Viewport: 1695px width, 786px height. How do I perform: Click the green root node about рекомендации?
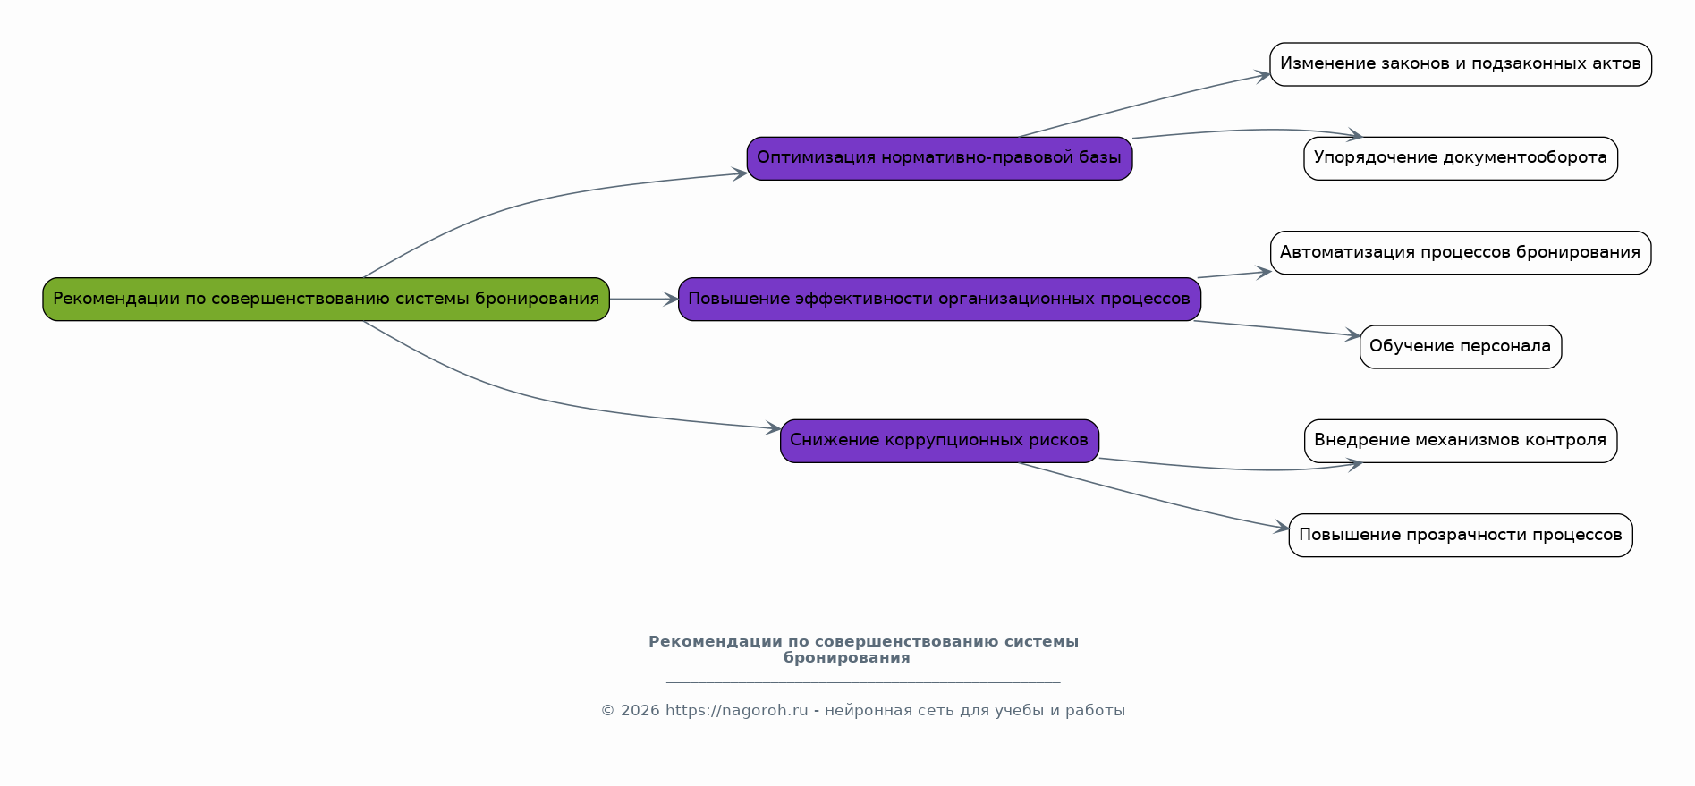coord(326,300)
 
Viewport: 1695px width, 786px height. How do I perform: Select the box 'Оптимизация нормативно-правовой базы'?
coord(939,158)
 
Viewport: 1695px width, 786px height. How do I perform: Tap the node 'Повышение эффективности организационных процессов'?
coord(939,300)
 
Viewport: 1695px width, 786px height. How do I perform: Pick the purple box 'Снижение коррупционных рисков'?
coord(939,441)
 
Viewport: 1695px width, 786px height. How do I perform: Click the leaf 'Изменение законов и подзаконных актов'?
coord(1460,64)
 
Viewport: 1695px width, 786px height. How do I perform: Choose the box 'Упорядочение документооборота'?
coord(1460,158)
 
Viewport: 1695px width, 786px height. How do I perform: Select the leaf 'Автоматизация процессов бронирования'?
coord(1460,253)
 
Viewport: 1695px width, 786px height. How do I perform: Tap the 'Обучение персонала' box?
coord(1460,347)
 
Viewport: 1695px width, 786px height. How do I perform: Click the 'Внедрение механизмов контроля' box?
coord(1460,441)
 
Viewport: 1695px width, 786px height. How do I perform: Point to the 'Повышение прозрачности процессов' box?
coord(1460,535)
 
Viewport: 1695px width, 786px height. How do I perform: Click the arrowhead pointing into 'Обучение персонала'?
coord(1353,335)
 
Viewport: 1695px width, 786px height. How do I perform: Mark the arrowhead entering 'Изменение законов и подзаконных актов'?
coord(1263,76)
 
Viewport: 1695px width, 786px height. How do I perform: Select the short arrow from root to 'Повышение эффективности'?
coord(643,300)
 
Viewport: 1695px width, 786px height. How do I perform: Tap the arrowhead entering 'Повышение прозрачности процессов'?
coord(1282,528)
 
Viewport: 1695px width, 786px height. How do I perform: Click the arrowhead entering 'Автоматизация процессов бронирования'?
coord(1264,272)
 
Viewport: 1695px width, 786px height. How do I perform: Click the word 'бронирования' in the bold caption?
coord(846,658)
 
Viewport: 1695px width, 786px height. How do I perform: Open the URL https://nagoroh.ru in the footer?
coord(736,711)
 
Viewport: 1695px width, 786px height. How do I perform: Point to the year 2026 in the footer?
coord(640,711)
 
